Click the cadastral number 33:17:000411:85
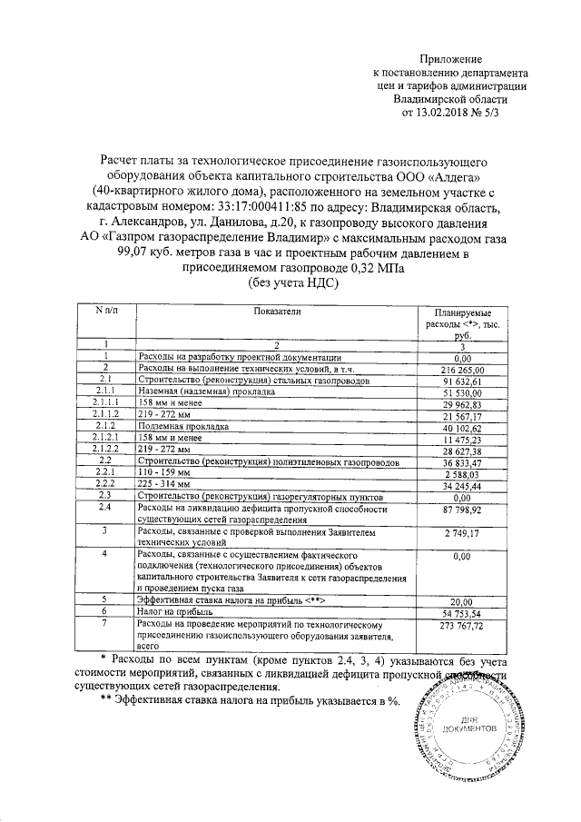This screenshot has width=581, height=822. click(x=239, y=207)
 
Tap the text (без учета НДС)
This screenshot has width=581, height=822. click(x=292, y=283)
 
